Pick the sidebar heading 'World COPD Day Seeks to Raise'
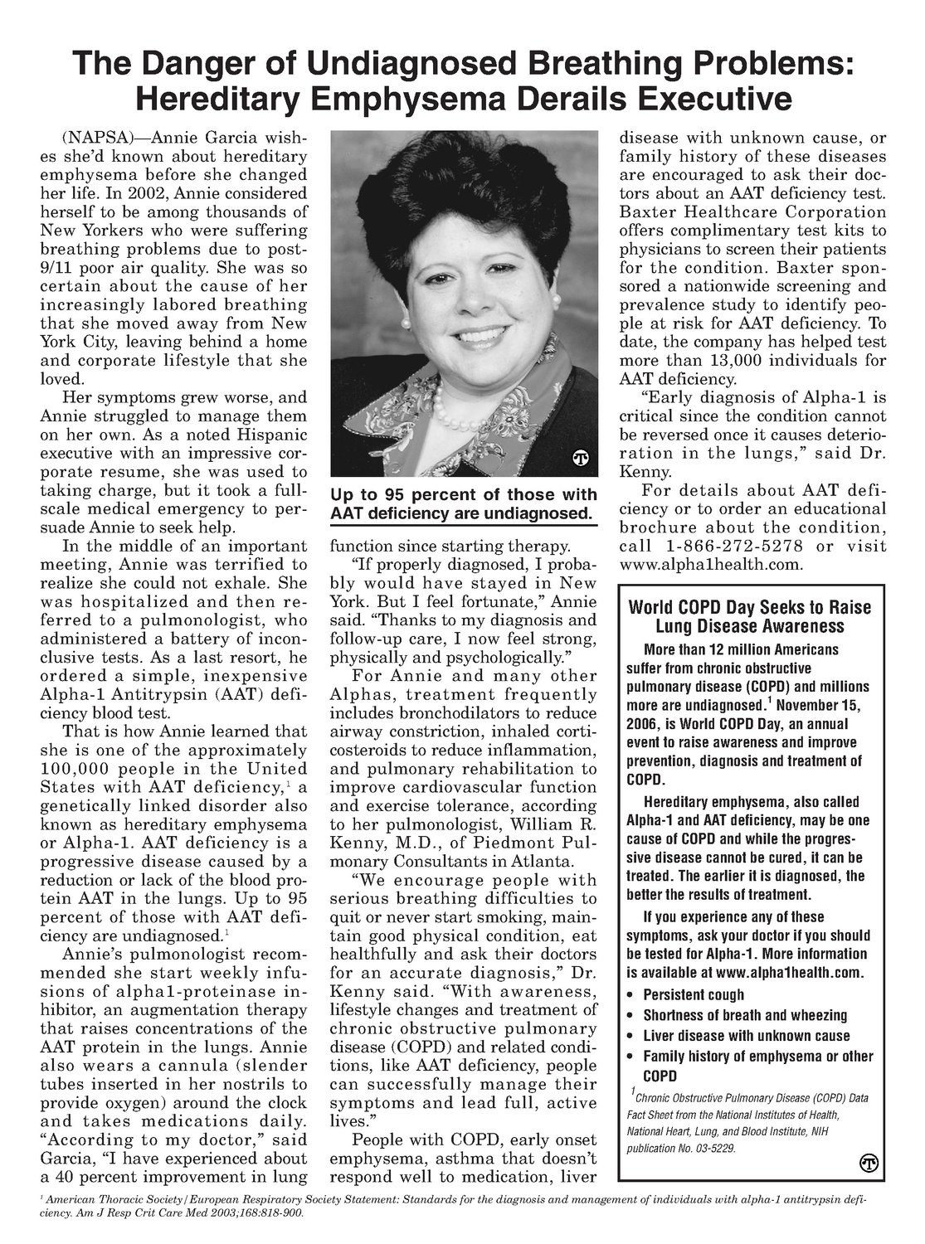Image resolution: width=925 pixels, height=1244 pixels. [755, 607]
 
